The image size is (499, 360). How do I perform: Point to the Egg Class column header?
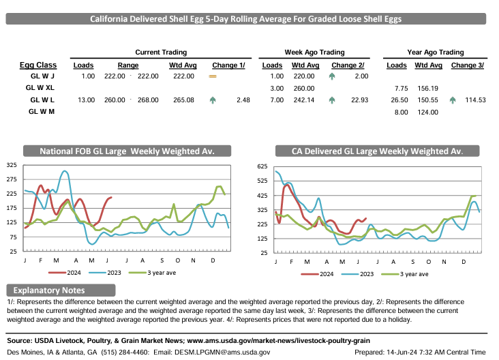point(37,65)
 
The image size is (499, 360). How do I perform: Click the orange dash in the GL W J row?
point(212,76)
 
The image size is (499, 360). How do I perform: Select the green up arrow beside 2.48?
point(213,100)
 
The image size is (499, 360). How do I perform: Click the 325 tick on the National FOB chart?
point(12,165)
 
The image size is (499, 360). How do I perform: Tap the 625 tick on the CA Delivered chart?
point(262,166)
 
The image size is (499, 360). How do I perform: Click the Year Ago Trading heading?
point(435,52)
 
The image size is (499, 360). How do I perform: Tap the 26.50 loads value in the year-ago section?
point(397,100)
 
